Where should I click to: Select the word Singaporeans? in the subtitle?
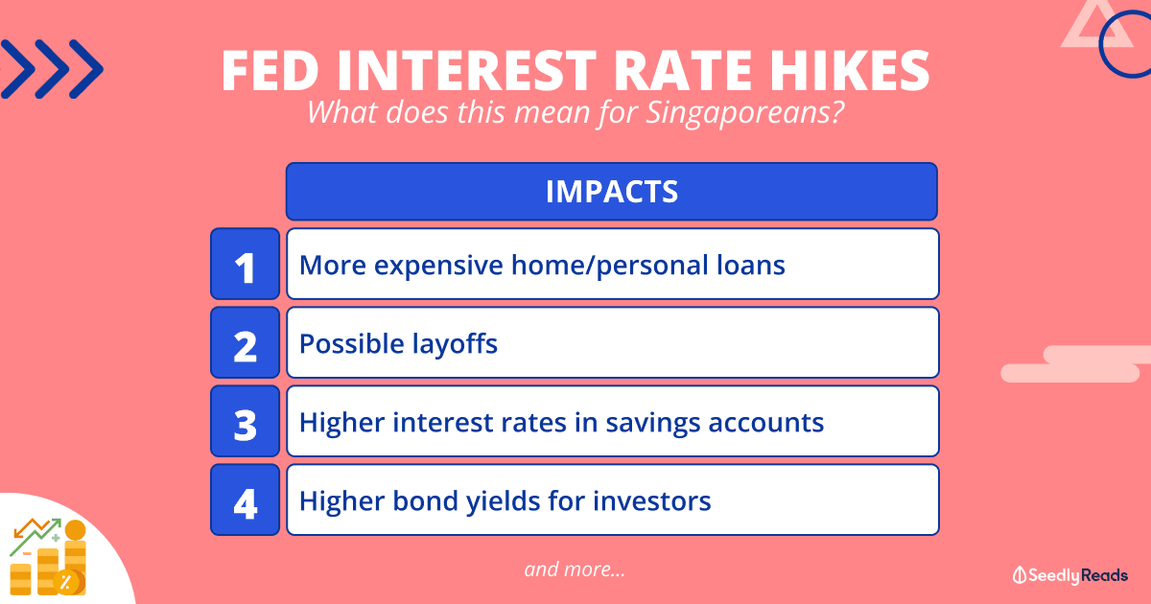click(745, 113)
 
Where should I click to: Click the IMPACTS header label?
click(612, 192)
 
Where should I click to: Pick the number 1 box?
click(246, 264)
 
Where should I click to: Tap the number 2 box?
click(246, 342)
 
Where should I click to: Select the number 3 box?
click(246, 421)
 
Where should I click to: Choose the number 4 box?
click(246, 499)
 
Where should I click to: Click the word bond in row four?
click(425, 500)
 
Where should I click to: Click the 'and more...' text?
click(575, 569)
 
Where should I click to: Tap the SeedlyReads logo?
click(1070, 575)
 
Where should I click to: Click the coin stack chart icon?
click(48, 557)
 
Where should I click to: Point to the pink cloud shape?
click(1076, 364)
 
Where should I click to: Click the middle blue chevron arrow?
click(52, 69)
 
